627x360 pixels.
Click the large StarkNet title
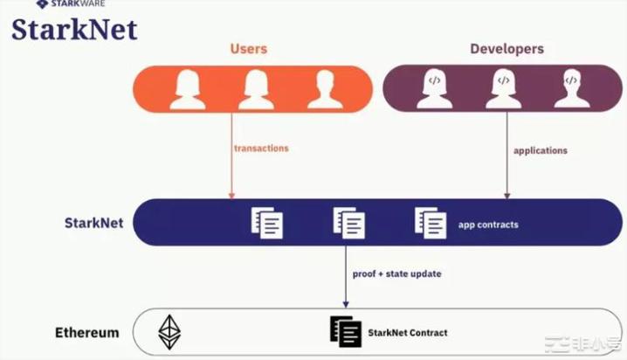tap(74, 30)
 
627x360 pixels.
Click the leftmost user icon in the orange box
tap(187, 89)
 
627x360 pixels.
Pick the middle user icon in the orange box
tap(257, 89)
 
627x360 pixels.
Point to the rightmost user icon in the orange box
tap(325, 89)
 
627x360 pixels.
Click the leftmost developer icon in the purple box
tap(434, 89)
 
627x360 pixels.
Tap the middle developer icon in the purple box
tap(503, 89)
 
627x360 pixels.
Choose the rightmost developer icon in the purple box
tap(571, 89)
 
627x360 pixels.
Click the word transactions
tap(261, 149)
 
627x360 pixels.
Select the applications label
tap(541, 150)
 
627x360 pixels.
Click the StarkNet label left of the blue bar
tap(93, 223)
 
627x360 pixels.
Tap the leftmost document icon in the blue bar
tap(267, 222)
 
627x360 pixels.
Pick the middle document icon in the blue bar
tap(348, 222)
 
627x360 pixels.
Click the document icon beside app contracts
tap(431, 222)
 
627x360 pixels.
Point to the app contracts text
tap(488, 225)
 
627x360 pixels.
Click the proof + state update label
tap(397, 273)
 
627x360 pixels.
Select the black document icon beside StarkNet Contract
tap(346, 332)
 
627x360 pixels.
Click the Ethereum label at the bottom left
tap(87, 333)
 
